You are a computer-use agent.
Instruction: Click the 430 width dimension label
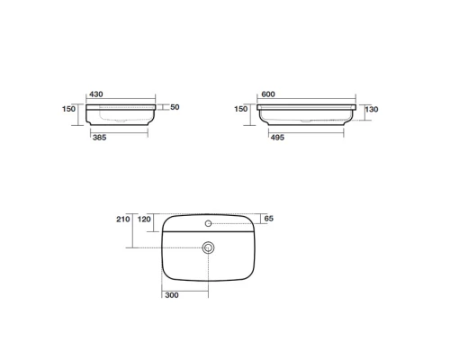click(96, 94)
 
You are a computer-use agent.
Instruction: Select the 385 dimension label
click(100, 138)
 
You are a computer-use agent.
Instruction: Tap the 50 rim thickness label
click(175, 107)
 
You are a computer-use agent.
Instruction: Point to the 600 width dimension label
click(268, 94)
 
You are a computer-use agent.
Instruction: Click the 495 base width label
click(277, 138)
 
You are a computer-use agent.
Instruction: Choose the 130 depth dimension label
click(372, 109)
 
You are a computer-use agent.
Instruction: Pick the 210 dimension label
click(123, 220)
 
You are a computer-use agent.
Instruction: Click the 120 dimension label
click(144, 220)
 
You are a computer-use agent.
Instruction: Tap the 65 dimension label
click(269, 219)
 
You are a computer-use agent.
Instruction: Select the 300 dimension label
click(172, 295)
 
